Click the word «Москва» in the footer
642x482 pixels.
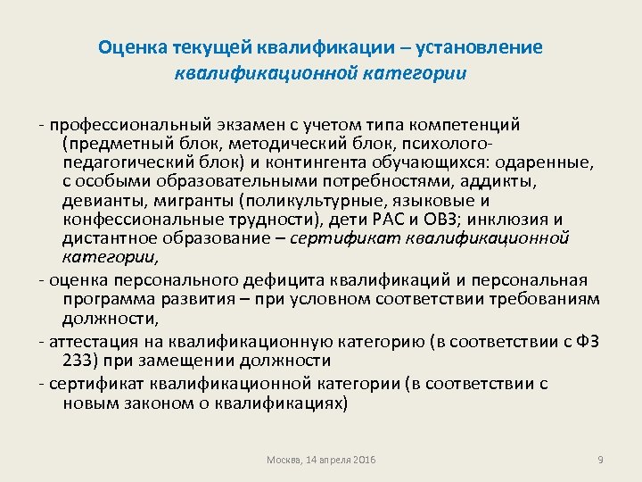(x=285, y=459)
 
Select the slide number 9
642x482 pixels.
(x=600, y=459)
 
